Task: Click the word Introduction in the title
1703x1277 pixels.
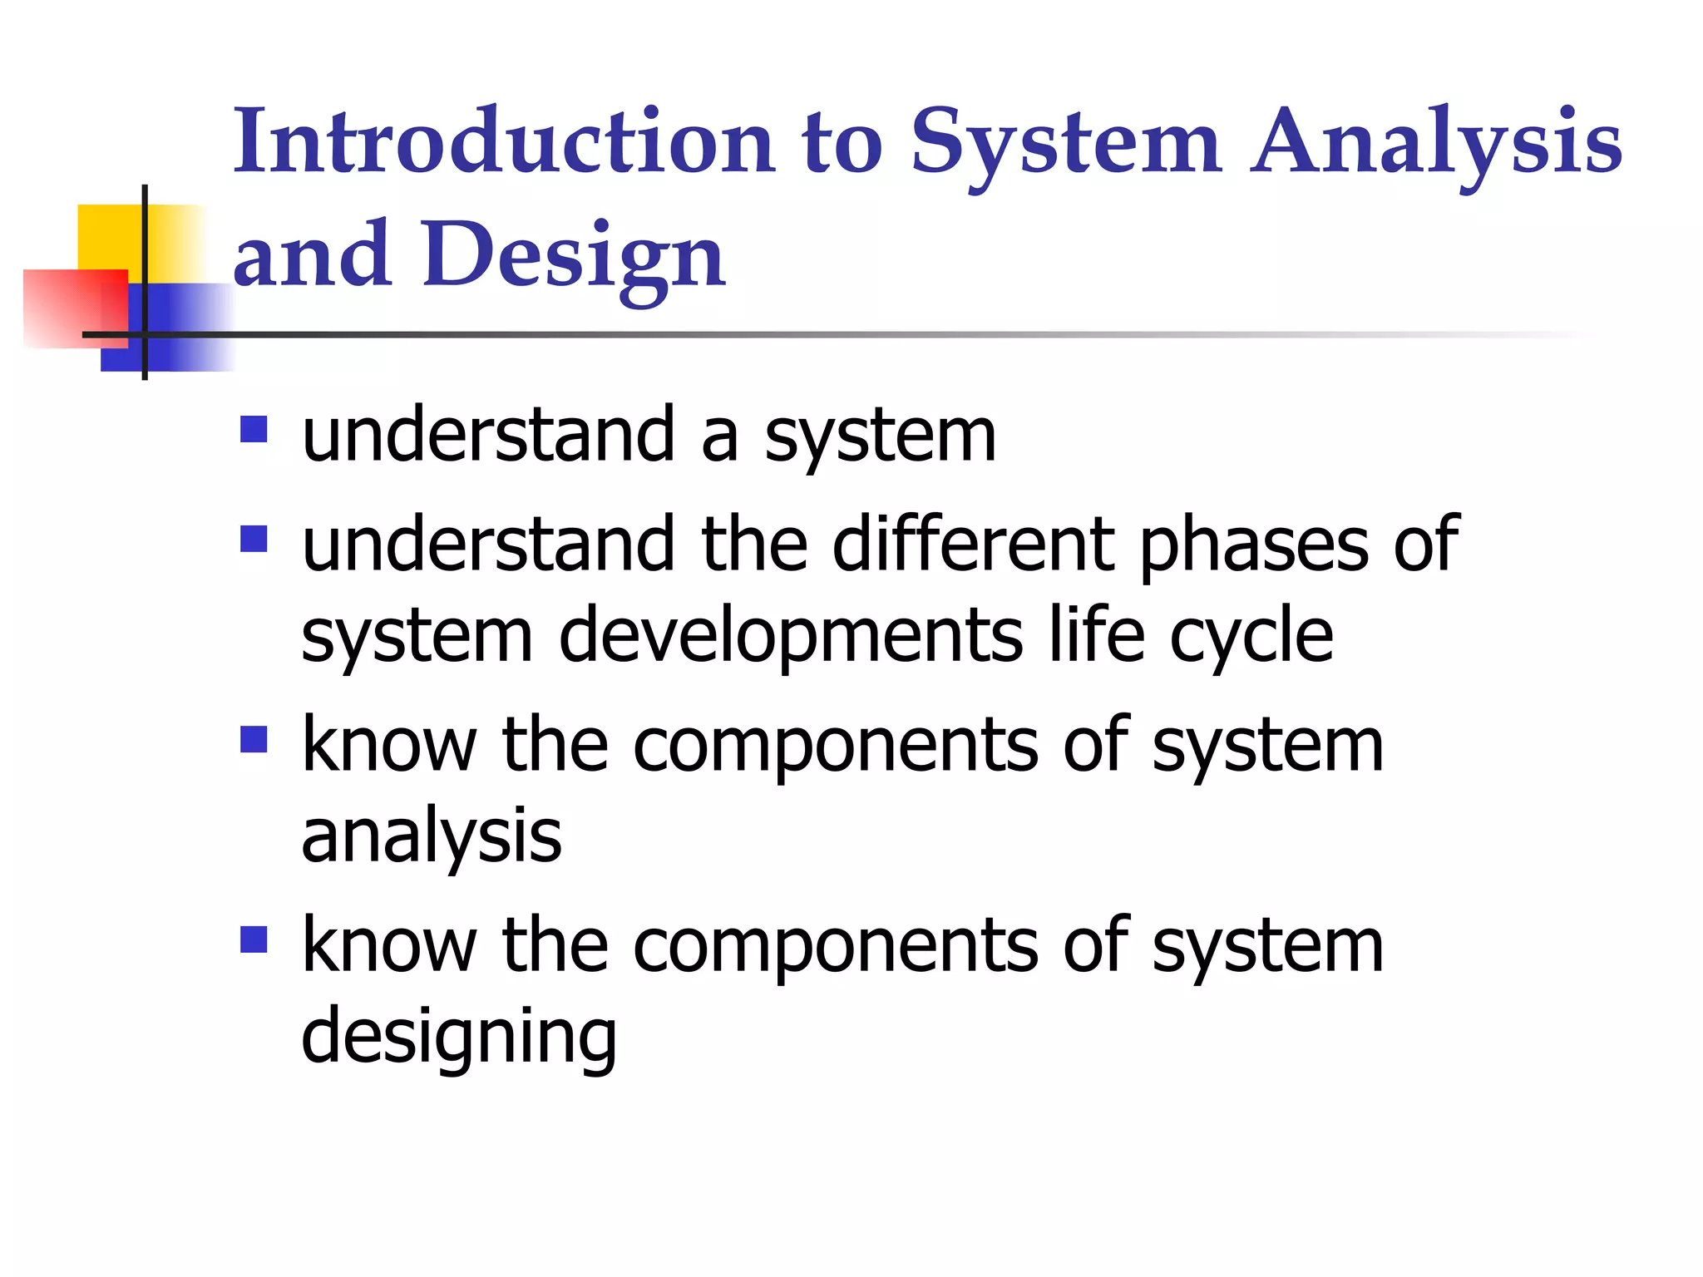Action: click(504, 141)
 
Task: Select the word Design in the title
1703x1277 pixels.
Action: click(574, 256)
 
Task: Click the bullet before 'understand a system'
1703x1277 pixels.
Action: click(254, 430)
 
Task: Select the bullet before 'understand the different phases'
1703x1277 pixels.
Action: click(254, 539)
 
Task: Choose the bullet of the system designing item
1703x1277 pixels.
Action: click(254, 940)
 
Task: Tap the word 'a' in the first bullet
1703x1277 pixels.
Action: click(720, 437)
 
